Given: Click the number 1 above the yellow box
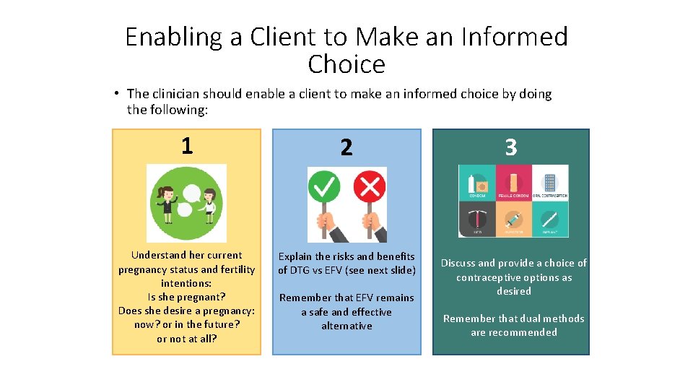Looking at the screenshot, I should tap(187, 147).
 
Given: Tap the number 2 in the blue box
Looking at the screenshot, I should tap(346, 148).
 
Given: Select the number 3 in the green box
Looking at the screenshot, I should tap(511, 148).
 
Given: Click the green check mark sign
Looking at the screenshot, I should tap(324, 188).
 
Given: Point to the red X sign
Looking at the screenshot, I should tap(369, 188).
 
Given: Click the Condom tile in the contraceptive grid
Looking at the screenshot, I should tap(477, 183).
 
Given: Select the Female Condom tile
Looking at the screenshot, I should tap(513, 183).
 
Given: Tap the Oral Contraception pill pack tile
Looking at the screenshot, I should tap(550, 183).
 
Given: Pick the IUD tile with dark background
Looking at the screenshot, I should tap(477, 219).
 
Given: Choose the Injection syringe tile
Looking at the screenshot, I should tap(513, 219).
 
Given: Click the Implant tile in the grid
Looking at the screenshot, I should tap(550, 219).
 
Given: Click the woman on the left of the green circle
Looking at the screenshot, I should tap(167, 204).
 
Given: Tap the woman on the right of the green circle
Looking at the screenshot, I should tap(209, 204).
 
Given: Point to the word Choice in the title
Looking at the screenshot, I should tap(346, 65).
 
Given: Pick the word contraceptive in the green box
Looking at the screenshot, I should tap(487, 277).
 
